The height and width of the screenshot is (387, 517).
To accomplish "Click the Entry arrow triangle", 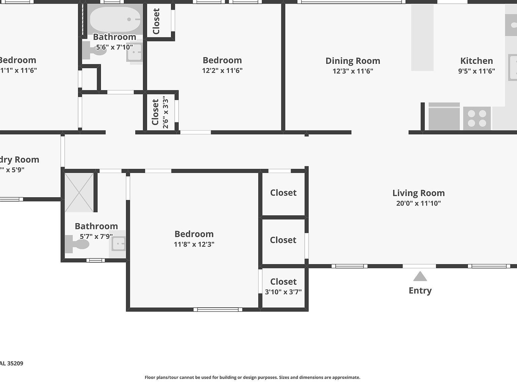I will click(x=420, y=277).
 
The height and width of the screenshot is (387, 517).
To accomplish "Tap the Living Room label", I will click(x=418, y=193).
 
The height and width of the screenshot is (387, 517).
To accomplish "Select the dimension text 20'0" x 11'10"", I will click(x=418, y=203).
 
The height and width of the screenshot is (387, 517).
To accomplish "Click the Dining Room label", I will click(x=353, y=61).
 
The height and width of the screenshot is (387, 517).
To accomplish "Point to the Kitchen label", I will click(x=476, y=61).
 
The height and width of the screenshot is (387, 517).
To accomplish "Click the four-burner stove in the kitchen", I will click(x=477, y=118).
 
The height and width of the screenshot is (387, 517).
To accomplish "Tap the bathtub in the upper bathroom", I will click(x=115, y=19).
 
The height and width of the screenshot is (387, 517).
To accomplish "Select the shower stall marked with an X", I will click(x=79, y=192).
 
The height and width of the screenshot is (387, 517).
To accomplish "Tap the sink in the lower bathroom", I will click(x=118, y=244).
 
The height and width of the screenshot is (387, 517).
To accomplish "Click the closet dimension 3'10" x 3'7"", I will click(x=283, y=292).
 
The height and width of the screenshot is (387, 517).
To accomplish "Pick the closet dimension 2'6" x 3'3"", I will click(x=165, y=112).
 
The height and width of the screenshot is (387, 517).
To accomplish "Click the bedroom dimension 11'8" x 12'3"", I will click(x=194, y=244).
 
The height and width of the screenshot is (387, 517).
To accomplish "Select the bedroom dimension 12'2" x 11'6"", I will click(x=222, y=71).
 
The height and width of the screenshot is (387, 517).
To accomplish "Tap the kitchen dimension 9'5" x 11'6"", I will click(x=476, y=71).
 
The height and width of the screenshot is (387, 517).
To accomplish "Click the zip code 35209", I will click(x=15, y=363).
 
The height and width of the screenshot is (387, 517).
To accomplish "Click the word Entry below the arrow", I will click(x=420, y=291).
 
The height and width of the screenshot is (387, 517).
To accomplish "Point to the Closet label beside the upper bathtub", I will click(x=156, y=21).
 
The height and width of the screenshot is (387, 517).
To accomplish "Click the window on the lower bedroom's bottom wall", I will click(x=218, y=309).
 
